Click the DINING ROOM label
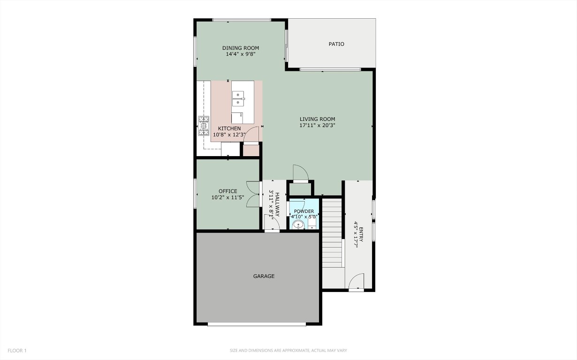click(240, 48)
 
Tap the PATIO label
click(336, 44)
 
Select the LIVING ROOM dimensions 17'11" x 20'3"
click(317, 126)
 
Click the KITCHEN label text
click(229, 128)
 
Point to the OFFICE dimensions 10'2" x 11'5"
click(228, 198)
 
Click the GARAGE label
click(264, 277)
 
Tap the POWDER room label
click(304, 211)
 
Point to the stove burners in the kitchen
click(203, 126)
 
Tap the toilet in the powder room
click(297, 226)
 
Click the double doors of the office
click(254, 194)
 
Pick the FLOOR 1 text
click(17, 351)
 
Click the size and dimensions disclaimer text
click(288, 351)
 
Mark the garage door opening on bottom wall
click(257, 324)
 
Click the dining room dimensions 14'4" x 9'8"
click(240, 54)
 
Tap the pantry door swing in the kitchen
click(252, 135)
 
